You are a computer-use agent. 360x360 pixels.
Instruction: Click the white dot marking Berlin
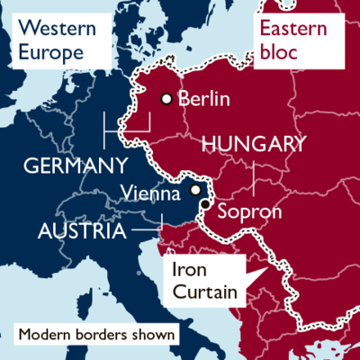pos(166,99)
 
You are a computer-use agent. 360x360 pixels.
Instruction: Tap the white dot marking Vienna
pos(196,191)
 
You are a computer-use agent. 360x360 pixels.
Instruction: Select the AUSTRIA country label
pos(81,231)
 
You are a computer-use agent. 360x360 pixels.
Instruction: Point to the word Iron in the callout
pos(189,270)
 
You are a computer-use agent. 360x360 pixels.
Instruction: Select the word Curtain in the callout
pos(204,292)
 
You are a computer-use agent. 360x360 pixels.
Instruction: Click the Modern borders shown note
pos(96,336)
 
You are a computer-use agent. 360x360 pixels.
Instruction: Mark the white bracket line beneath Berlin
pos(126,135)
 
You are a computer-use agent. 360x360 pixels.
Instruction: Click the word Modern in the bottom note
pos(45,336)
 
